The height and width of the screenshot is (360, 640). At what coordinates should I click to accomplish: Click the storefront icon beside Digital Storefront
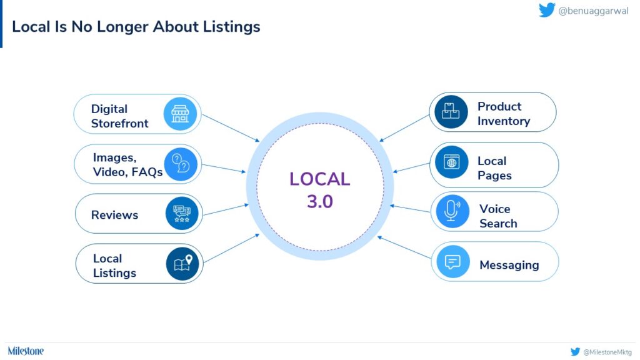(180, 114)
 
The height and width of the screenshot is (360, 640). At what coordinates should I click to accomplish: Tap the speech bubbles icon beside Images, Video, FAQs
(181, 164)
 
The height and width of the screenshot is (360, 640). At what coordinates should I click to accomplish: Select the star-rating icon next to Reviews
(182, 214)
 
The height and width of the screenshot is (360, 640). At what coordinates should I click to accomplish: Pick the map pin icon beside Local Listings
(182, 264)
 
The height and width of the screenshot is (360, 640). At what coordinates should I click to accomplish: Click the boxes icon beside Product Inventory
(451, 111)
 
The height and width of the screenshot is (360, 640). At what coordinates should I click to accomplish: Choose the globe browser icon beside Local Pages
(451, 162)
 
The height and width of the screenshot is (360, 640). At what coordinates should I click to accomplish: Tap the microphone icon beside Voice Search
(452, 211)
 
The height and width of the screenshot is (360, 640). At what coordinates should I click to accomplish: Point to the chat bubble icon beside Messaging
(453, 262)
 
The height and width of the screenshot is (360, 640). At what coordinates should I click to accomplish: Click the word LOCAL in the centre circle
(320, 179)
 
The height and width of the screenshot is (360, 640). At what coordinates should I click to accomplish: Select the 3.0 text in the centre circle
(320, 202)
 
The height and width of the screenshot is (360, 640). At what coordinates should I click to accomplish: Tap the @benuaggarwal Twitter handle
(593, 11)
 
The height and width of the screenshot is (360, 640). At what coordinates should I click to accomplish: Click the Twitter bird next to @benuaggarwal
(547, 10)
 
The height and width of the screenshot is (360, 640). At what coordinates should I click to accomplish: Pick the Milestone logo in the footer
(26, 351)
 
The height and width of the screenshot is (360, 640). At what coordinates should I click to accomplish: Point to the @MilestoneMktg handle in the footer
(607, 352)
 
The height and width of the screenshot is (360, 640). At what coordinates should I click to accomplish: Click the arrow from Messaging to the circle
(404, 247)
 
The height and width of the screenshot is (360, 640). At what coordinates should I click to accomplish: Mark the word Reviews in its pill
(115, 215)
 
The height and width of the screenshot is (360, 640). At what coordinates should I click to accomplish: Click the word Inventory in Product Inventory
(504, 121)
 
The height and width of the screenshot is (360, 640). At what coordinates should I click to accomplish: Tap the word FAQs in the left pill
(146, 172)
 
